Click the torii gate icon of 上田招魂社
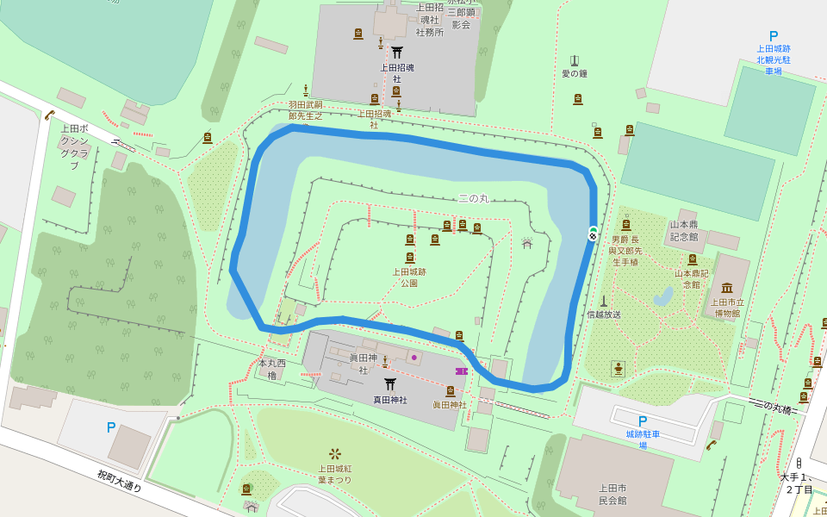[397, 52]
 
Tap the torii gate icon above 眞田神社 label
[389, 384]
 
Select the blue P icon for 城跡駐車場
[642, 420]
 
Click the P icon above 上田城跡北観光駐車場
[773, 36]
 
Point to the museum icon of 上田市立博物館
[726, 288]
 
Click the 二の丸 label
[473, 198]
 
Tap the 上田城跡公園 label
[409, 277]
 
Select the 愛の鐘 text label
[574, 74]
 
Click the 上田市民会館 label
[612, 494]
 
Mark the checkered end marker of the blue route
[593, 234]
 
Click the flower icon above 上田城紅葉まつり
[334, 453]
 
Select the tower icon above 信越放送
[603, 301]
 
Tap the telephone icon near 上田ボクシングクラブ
[50, 115]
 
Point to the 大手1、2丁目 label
[798, 483]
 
